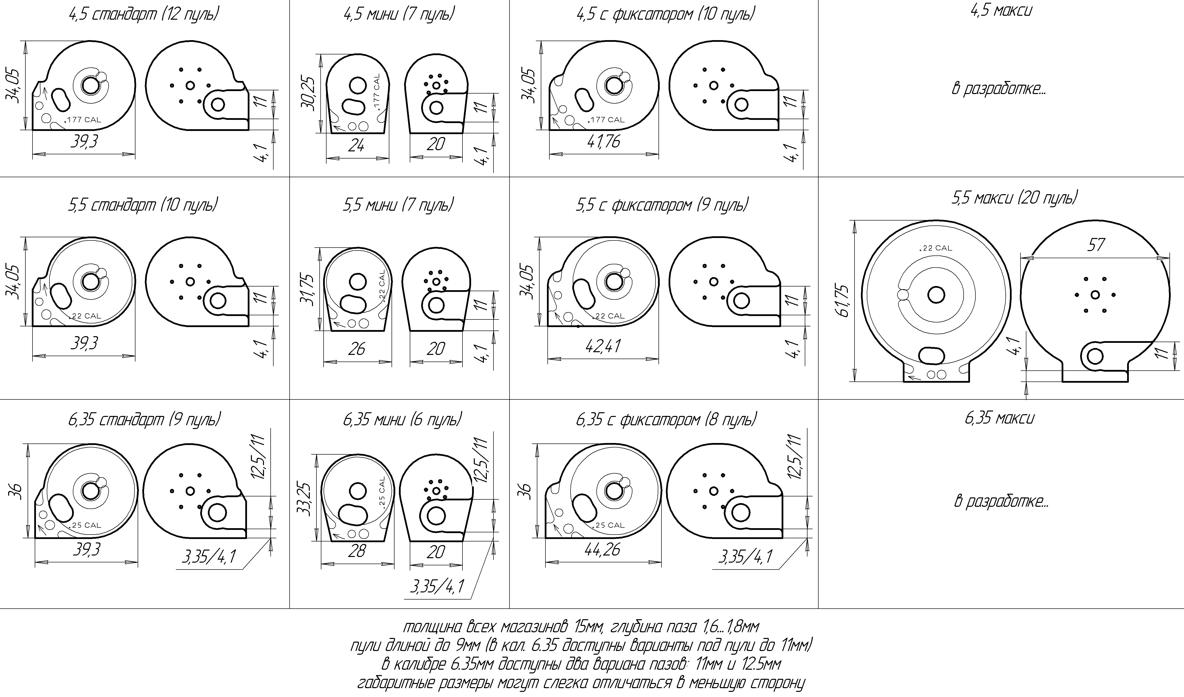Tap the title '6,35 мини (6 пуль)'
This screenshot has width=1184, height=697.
tap(402, 419)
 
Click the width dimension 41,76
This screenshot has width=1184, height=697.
tap(603, 141)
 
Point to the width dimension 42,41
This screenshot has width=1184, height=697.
tap(603, 346)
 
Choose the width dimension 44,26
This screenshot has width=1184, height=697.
tap(603, 549)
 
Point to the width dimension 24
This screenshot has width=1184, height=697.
tap(356, 146)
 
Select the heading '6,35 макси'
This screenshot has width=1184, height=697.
tap(999, 418)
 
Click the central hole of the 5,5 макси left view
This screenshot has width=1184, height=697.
tap(936, 295)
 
